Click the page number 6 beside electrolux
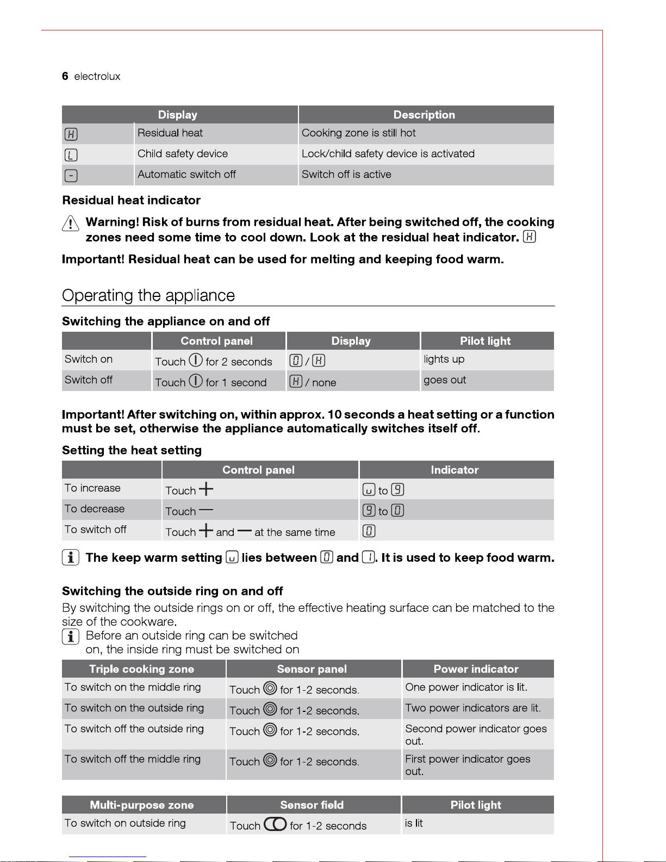(x=65, y=76)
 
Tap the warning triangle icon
(x=71, y=223)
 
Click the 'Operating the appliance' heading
(x=148, y=295)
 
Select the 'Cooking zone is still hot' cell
(x=358, y=133)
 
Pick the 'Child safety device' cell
(x=183, y=154)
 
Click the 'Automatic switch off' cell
(x=186, y=175)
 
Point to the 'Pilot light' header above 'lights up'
(x=485, y=341)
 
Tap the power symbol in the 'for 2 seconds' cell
(x=196, y=361)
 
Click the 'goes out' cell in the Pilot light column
(x=445, y=380)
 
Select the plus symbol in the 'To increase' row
(x=206, y=489)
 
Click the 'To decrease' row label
(x=95, y=509)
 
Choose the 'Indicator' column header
(x=455, y=470)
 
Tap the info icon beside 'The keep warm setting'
(x=71, y=557)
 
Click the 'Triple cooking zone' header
(x=141, y=669)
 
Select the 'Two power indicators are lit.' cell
(x=473, y=708)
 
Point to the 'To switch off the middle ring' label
(x=133, y=759)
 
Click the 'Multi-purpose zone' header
(x=141, y=805)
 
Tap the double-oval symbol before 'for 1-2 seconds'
(x=275, y=824)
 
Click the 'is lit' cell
(x=414, y=823)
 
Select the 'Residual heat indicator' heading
(x=132, y=200)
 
